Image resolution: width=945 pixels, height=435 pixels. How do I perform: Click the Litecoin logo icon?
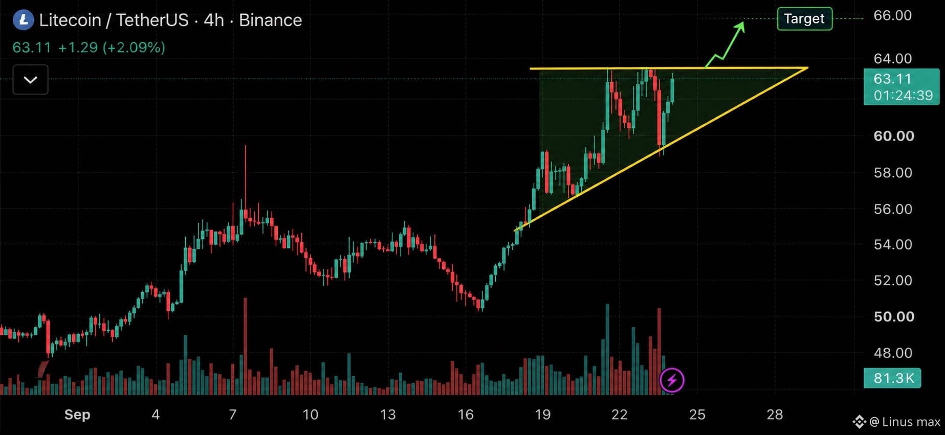point(23,20)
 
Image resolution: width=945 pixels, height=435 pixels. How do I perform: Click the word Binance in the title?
point(270,20)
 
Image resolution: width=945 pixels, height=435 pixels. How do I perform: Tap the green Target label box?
point(804,19)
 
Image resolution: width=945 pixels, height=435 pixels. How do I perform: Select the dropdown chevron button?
point(31,80)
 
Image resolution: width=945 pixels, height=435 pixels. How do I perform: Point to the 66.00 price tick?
point(892,15)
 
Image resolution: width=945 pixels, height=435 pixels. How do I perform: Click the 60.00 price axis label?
point(893,136)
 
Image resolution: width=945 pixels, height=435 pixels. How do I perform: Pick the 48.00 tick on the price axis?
point(893,353)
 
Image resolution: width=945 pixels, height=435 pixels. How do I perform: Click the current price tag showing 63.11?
point(902,87)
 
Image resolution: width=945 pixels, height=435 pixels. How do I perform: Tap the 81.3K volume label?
point(892,378)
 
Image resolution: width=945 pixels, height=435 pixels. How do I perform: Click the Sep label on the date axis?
point(77,415)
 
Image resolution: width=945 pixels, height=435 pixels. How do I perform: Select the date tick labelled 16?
point(466,415)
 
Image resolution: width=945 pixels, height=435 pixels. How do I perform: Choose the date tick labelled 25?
point(697,415)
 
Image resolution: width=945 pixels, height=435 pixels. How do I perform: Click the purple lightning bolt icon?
point(672,380)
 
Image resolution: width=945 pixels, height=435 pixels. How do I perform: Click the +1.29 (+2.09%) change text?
point(112,48)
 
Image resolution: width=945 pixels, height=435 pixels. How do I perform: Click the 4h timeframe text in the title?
point(214,20)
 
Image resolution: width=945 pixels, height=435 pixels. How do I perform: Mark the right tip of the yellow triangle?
point(808,67)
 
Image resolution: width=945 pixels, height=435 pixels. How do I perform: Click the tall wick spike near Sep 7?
point(245,174)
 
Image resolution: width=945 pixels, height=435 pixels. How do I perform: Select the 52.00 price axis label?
point(893,280)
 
